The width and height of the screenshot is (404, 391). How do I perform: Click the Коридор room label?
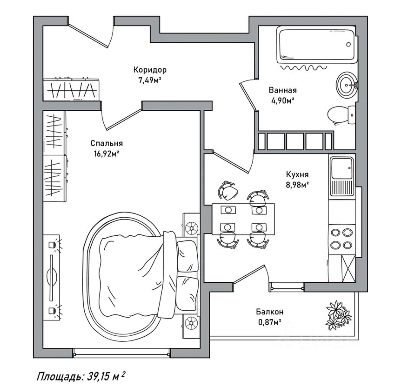click(x=150, y=70)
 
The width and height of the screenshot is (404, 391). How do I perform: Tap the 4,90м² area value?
click(x=282, y=100)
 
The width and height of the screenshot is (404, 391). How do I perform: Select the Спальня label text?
click(x=107, y=143)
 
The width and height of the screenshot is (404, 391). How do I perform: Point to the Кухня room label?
click(x=297, y=175)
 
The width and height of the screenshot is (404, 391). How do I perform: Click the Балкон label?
click(x=269, y=311)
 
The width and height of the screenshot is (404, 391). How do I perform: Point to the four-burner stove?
click(x=341, y=238)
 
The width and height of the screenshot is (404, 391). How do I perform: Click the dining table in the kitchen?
click(x=243, y=218)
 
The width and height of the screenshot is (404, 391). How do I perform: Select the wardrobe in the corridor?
click(x=71, y=90)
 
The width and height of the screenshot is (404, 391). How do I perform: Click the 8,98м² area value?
click(x=297, y=185)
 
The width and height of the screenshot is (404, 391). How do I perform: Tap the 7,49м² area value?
click(x=150, y=80)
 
